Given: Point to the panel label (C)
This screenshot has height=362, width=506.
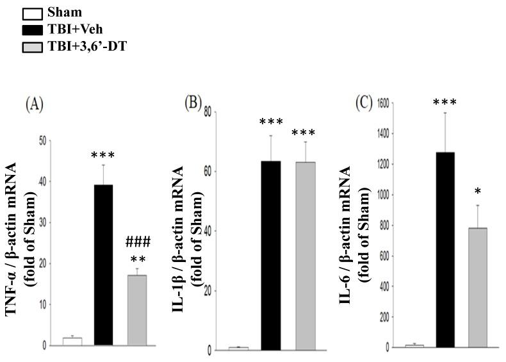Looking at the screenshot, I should coord(365,104).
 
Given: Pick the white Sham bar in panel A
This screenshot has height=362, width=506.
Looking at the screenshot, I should coord(72,341).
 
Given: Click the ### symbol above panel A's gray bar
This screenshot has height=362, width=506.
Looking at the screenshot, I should coord(137,242).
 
